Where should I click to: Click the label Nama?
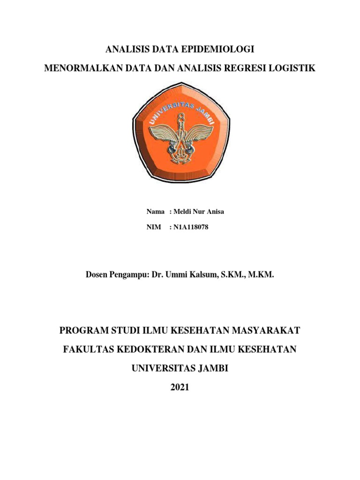tap(156, 211)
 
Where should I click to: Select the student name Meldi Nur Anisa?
tap(199, 211)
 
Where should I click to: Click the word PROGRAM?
tap(83, 331)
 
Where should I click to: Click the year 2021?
tap(180, 387)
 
